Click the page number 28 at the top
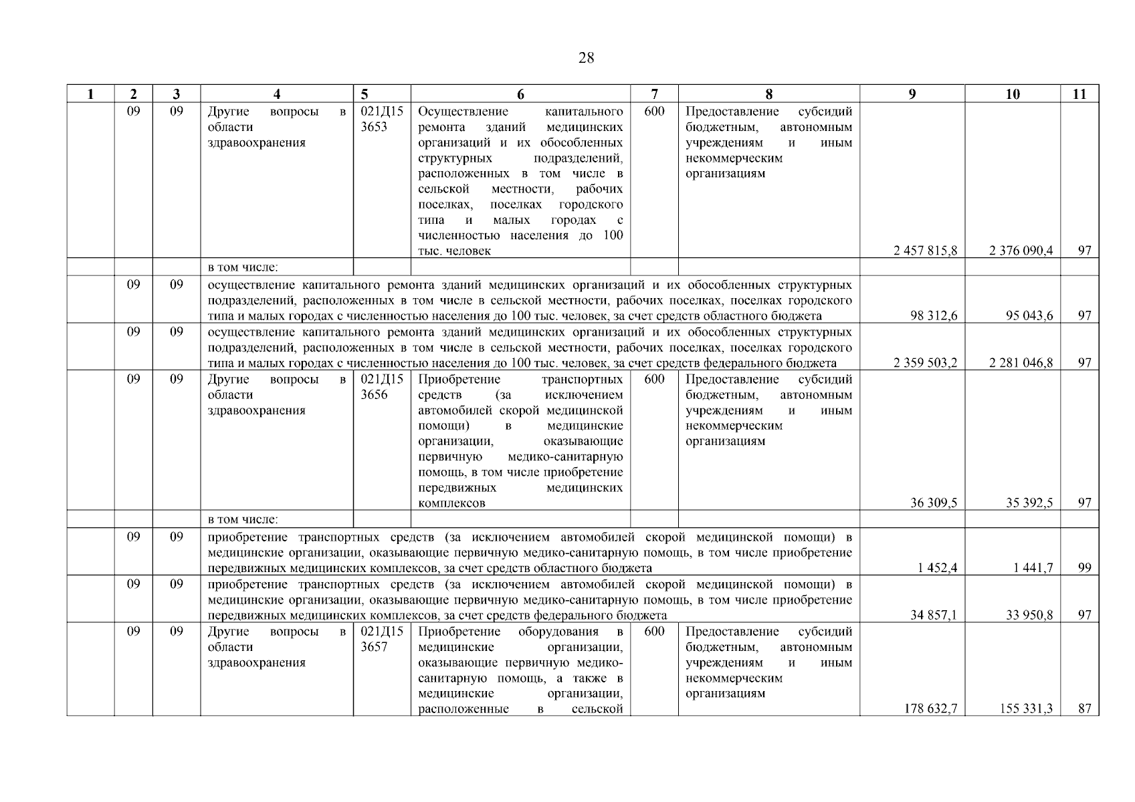click(x=586, y=58)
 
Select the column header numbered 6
click(x=520, y=94)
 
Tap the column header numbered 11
click(x=1079, y=94)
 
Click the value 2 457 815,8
click(x=925, y=251)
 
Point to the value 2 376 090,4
click(x=1021, y=251)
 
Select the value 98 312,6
click(x=934, y=315)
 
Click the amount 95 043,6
click(x=1029, y=315)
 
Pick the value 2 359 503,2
click(x=925, y=363)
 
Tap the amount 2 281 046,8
click(x=1021, y=363)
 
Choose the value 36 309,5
click(x=934, y=503)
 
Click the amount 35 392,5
click(x=1029, y=503)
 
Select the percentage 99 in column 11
click(x=1084, y=568)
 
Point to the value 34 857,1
click(x=934, y=615)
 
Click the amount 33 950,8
click(x=1029, y=615)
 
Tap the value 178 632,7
click(x=930, y=708)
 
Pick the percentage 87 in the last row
click(x=1084, y=708)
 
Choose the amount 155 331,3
click(x=1026, y=708)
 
